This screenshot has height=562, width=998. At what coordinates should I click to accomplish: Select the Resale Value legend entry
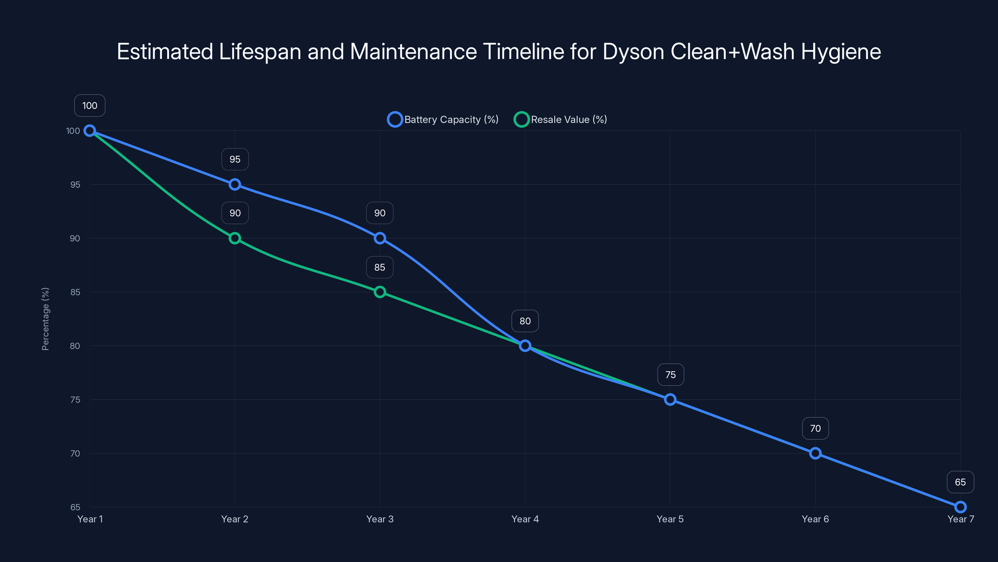click(x=561, y=120)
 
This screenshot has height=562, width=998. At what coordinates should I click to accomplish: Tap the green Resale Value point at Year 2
click(x=235, y=238)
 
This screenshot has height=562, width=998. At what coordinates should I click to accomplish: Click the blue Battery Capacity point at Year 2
click(x=235, y=184)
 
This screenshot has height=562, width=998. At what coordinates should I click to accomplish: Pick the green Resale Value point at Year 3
click(x=380, y=292)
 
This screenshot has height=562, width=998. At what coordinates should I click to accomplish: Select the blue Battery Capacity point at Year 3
click(x=380, y=238)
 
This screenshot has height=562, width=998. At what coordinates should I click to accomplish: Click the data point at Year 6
click(x=815, y=453)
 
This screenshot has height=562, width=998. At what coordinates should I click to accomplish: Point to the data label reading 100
click(x=90, y=106)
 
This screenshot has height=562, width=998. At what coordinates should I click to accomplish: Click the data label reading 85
click(x=380, y=267)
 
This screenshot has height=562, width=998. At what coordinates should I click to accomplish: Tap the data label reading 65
click(x=960, y=482)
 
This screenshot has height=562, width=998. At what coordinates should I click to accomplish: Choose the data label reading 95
click(x=235, y=160)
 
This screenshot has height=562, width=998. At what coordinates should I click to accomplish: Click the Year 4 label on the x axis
click(x=525, y=519)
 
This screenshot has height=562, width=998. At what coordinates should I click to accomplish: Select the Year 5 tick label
click(x=670, y=519)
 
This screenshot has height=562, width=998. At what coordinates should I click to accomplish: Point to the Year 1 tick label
click(x=90, y=519)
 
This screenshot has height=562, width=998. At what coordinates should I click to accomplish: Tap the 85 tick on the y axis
click(x=75, y=292)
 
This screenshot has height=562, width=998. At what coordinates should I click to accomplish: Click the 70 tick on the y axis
click(x=75, y=453)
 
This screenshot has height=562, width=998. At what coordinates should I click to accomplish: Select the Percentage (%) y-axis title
click(x=45, y=319)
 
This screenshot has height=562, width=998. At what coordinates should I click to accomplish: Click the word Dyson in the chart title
click(x=633, y=52)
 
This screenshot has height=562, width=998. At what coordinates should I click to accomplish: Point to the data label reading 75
click(x=670, y=375)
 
